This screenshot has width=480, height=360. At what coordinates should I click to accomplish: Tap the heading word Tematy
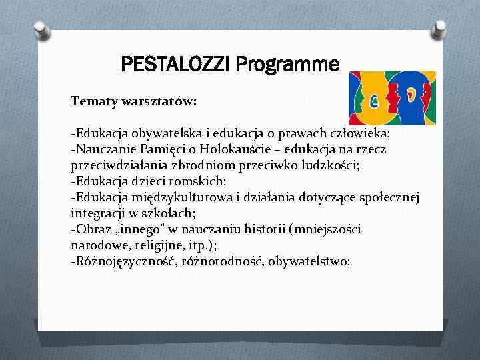click(x=94, y=101)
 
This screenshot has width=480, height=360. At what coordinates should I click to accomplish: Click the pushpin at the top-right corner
click(x=439, y=29)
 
